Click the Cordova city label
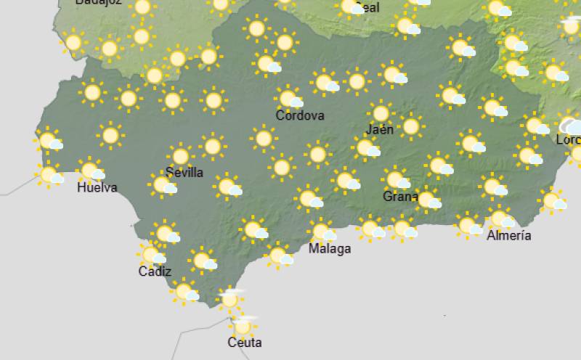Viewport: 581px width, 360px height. tap(300, 115)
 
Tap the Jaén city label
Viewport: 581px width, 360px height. tap(380, 130)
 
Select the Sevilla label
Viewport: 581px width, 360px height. tap(184, 173)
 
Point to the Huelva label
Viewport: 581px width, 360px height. tap(97, 188)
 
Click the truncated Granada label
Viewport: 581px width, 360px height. tap(400, 197)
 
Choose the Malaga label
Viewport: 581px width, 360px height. tap(330, 249)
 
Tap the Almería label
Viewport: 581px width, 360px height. tap(508, 235)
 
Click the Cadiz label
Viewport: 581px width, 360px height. tap(155, 272)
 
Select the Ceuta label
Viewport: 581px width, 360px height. tap(244, 343)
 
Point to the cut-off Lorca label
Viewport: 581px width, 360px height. tap(568, 139)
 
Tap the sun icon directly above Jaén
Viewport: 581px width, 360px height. tap(380, 112)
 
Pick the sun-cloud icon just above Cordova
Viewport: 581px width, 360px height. tap(290, 98)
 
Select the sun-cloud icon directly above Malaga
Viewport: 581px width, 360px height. tap(322, 232)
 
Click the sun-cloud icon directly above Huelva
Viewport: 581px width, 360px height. tap(91, 171)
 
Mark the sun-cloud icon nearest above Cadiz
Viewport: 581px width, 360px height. tap(151, 255)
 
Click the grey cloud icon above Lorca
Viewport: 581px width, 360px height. tap(573, 125)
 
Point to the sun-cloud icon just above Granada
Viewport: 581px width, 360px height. tap(397, 179)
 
